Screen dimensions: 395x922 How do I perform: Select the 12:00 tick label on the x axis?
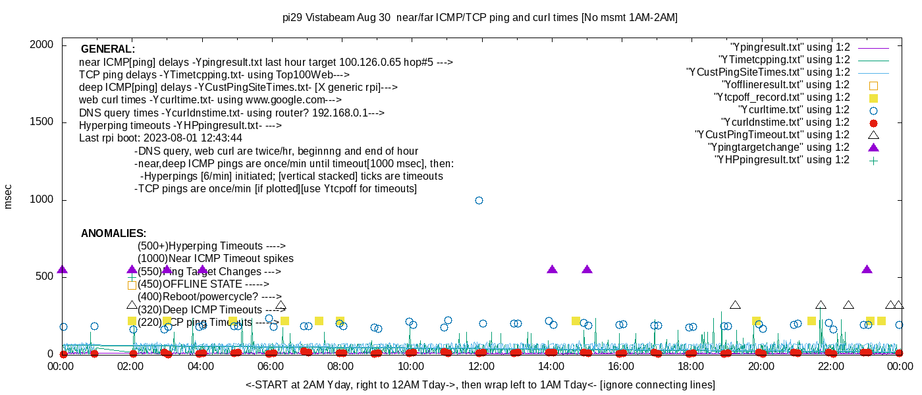point(481,366)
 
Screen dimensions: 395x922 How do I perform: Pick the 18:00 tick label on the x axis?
point(691,366)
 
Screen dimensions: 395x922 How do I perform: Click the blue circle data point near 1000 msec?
point(479,200)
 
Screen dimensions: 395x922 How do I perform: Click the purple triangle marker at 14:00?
point(553,269)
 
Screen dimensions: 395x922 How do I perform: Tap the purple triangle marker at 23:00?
point(867,269)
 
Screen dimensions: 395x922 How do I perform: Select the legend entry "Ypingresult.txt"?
point(790,47)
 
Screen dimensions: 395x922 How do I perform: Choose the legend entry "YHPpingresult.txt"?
point(782,160)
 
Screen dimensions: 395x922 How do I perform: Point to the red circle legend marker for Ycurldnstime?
point(873,122)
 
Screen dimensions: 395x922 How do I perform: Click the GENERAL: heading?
point(108,49)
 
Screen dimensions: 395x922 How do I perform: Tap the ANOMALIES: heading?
point(113,234)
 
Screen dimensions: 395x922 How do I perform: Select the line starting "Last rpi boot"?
point(161,138)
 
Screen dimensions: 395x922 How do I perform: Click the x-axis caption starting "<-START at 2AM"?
point(480,384)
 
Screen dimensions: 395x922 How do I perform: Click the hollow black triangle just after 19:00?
point(736,305)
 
